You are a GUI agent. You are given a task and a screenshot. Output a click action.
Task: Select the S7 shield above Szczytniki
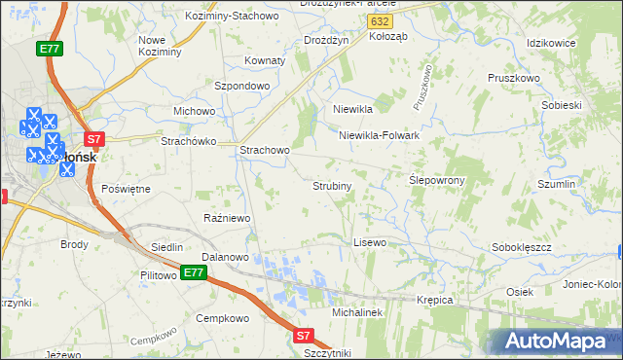point(303,336)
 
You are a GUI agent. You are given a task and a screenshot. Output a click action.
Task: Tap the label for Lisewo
point(370,241)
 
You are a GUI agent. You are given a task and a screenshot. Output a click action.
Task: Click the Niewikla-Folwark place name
point(379,135)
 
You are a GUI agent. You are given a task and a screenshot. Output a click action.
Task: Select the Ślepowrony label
point(436,181)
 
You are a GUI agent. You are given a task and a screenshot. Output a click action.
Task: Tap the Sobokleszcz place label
point(522,247)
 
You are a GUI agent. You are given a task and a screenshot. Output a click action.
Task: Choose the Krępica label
point(435,300)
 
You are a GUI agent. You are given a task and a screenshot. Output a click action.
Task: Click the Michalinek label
point(359,312)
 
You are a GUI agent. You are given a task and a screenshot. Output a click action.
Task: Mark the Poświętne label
point(126,189)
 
